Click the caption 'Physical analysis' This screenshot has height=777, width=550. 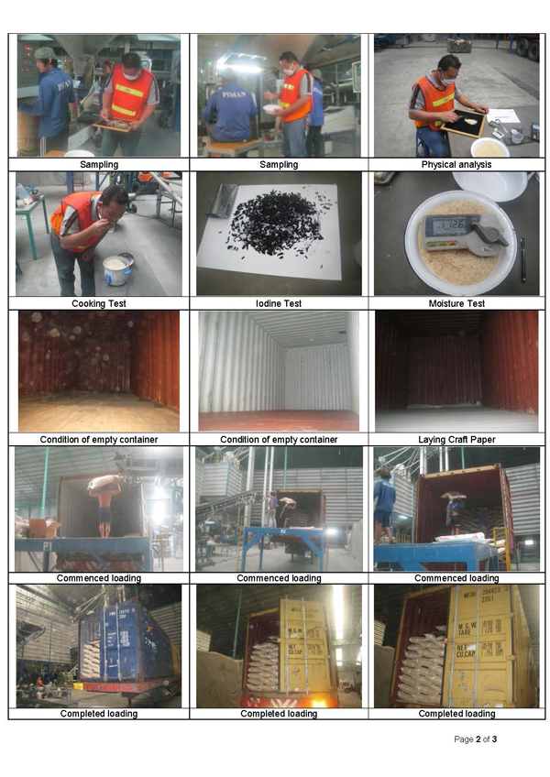pyautogui.click(x=456, y=165)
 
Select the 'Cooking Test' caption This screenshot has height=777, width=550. pyautogui.click(x=99, y=303)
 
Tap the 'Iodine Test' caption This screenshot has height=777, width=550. pyautogui.click(x=279, y=303)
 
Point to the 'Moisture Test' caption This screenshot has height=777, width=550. pyautogui.click(x=456, y=303)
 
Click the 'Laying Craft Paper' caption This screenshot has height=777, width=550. pyautogui.click(x=456, y=439)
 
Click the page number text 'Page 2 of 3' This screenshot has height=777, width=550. pyautogui.click(x=475, y=739)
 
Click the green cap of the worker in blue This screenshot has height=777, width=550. pyautogui.click(x=45, y=52)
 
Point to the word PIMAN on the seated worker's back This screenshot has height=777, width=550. pyautogui.click(x=234, y=94)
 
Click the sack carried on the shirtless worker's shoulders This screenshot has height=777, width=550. pyautogui.click(x=104, y=481)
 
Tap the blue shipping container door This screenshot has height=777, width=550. pyautogui.click(x=118, y=640)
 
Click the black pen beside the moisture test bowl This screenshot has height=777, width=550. pyautogui.click(x=522, y=259)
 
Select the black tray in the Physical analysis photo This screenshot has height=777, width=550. pyautogui.click(x=463, y=123)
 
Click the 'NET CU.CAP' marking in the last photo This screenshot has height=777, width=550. pyautogui.click(x=467, y=651)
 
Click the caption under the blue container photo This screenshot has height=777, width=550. pyautogui.click(x=99, y=714)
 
